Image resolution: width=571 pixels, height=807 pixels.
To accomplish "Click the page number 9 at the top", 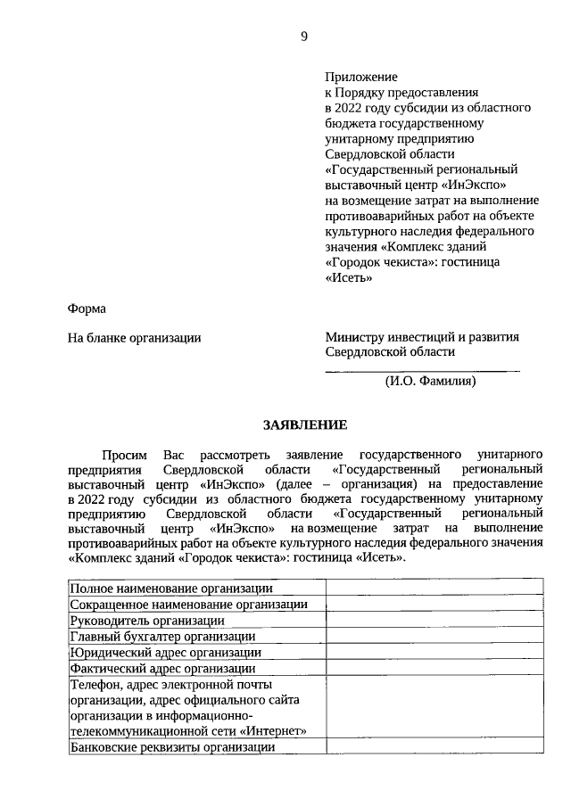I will pos(304,37).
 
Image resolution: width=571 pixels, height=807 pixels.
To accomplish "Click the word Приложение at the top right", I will pos(361,78).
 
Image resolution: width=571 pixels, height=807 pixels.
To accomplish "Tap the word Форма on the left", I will pos(87,309).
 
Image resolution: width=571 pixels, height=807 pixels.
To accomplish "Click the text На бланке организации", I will pos(135,338).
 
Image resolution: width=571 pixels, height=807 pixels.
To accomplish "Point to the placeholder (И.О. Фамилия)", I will pos(430,382).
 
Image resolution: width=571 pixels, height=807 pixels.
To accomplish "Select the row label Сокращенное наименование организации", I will pos(189,605).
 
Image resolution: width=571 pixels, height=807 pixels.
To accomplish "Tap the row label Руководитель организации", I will pos(147,621).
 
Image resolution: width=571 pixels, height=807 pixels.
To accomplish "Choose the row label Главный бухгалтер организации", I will pos(163,637).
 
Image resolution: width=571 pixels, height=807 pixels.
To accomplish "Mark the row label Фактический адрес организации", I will pos(163,668).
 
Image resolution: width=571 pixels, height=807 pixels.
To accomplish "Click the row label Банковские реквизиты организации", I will pos(172,748).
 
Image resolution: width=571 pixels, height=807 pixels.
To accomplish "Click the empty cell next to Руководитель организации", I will pos(434,621).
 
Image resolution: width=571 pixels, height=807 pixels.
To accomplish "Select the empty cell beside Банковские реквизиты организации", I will pos(434,748).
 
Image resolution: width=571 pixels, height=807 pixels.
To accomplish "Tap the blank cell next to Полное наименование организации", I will pos(434,589).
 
